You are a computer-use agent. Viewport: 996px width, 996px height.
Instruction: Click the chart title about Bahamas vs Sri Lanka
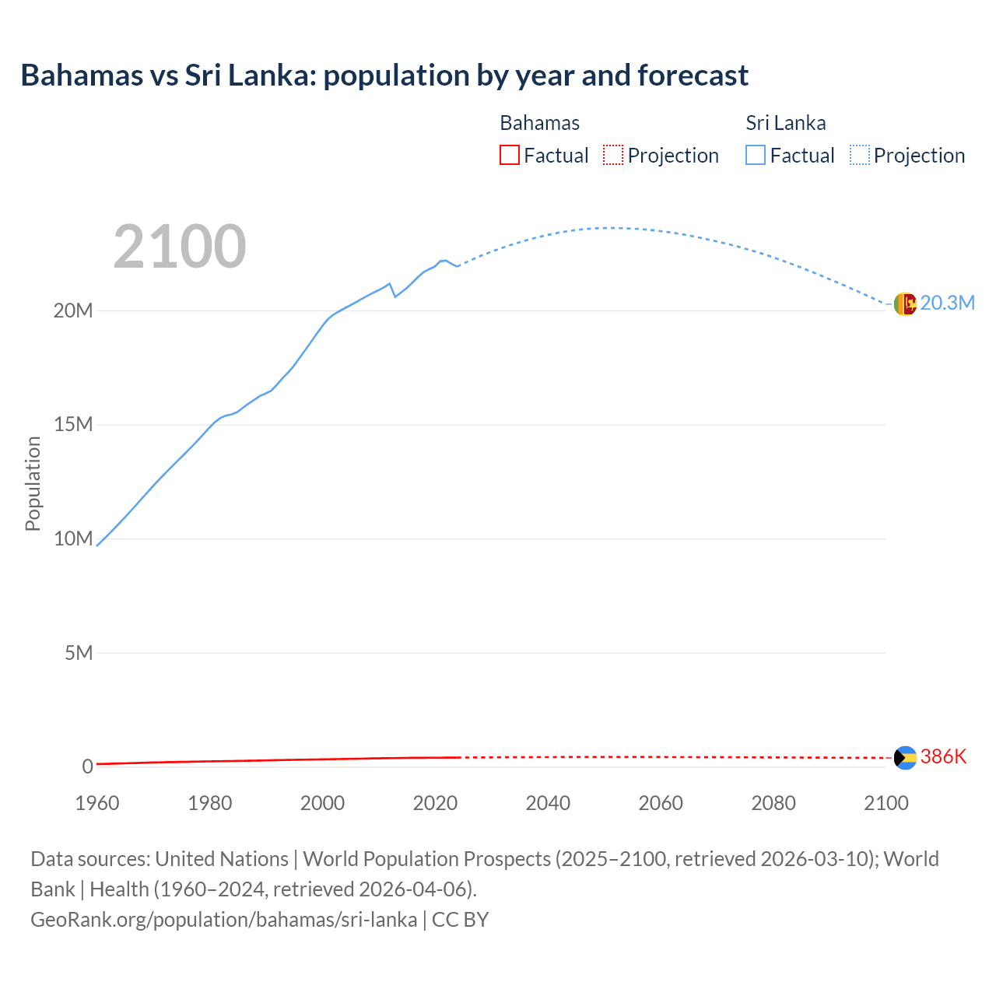click(x=384, y=75)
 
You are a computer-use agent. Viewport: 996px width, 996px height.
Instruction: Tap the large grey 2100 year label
click(x=180, y=247)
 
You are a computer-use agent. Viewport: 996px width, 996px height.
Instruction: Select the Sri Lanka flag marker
click(x=905, y=303)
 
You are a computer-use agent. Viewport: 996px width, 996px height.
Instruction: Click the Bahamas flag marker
click(x=905, y=757)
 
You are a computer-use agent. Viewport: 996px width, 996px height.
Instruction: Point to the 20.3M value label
click(x=947, y=303)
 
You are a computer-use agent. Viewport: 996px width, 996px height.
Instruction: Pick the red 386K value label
click(x=943, y=756)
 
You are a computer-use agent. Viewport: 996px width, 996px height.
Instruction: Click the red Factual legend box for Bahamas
click(x=510, y=156)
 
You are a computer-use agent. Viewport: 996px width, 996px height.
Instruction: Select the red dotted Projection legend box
click(x=613, y=156)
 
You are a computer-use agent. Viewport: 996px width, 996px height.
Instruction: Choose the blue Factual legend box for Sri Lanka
click(x=756, y=156)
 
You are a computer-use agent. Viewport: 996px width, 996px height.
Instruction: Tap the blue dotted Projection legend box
click(x=860, y=156)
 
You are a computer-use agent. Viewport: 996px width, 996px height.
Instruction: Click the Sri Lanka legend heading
click(x=786, y=123)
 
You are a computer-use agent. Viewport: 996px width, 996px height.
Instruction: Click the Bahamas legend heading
click(x=539, y=123)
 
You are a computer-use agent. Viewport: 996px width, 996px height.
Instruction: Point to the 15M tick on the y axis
click(x=73, y=425)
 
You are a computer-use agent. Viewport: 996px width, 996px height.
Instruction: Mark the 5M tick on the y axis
click(x=79, y=653)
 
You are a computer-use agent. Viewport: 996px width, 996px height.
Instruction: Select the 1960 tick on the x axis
click(x=97, y=803)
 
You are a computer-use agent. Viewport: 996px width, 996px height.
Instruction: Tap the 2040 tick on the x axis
click(x=548, y=803)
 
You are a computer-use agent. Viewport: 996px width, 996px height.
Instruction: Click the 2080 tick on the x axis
click(x=773, y=803)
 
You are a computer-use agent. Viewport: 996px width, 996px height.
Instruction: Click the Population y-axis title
click(x=33, y=483)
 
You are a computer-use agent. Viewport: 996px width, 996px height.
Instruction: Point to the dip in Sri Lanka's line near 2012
click(x=395, y=296)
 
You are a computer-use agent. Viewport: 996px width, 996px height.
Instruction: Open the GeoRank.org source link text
click(x=223, y=920)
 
